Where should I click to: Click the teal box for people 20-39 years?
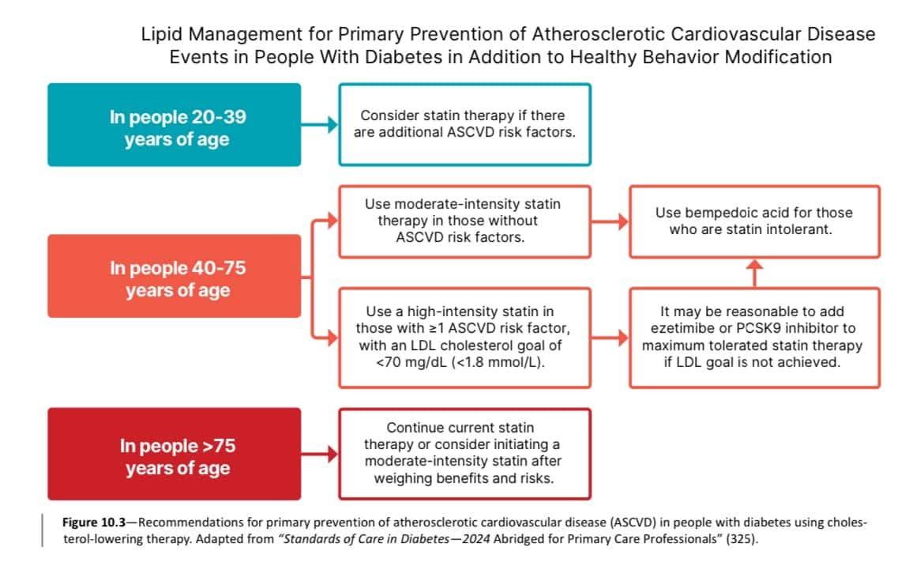pyautogui.click(x=175, y=124)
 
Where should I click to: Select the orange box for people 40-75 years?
pyautogui.click(x=175, y=276)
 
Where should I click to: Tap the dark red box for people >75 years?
pyautogui.click(x=175, y=455)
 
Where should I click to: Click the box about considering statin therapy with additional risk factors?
pyautogui.click(x=465, y=124)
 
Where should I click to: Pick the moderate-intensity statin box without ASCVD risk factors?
pyautogui.click(x=465, y=222)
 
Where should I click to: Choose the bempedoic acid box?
pyautogui.click(x=755, y=222)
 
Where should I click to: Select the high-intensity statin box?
pyautogui.click(x=465, y=338)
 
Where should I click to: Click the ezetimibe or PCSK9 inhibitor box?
pyautogui.click(x=755, y=338)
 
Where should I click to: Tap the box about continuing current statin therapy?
pyautogui.click(x=465, y=455)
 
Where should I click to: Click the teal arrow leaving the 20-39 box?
pyautogui.click(x=319, y=124)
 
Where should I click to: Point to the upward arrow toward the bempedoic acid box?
pyautogui.click(x=755, y=273)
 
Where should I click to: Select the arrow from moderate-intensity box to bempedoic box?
pyautogui.click(x=610, y=222)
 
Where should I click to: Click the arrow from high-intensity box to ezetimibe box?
pyautogui.click(x=610, y=338)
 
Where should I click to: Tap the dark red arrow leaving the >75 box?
pyautogui.click(x=319, y=455)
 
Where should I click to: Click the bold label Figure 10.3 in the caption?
pyautogui.click(x=94, y=523)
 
